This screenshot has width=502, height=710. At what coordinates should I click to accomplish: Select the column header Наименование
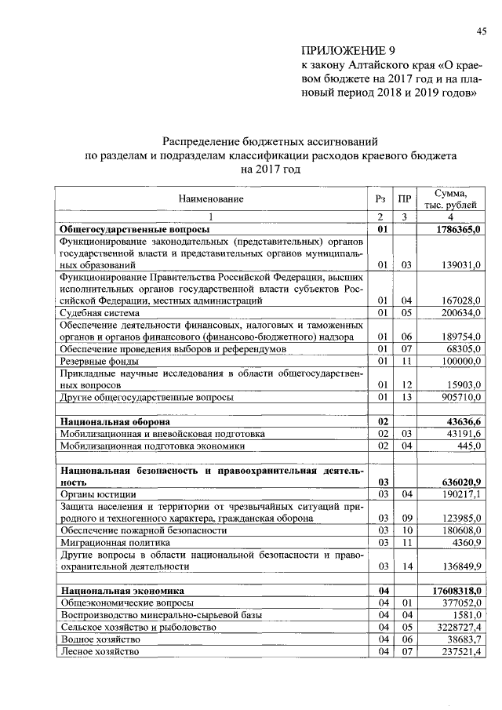point(211,199)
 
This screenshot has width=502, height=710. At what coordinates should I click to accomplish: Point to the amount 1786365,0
point(453,229)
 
